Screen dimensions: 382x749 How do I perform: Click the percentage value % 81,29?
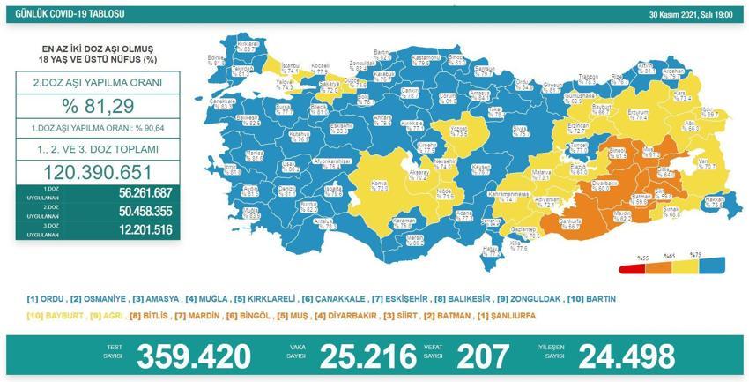[99, 109]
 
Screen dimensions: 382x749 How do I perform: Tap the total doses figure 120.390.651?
[99, 172]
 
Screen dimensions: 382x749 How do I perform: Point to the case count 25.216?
[367, 356]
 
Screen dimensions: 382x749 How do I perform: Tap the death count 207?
[483, 356]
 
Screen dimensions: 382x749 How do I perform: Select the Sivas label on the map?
[522, 130]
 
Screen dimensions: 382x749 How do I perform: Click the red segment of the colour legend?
[634, 267]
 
